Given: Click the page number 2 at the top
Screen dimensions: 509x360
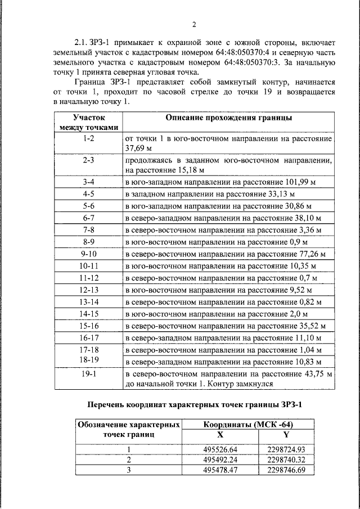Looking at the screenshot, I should click(193, 24).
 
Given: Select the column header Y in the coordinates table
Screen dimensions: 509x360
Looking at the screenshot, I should click(286, 434).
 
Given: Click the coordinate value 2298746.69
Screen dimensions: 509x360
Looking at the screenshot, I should click(286, 470).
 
